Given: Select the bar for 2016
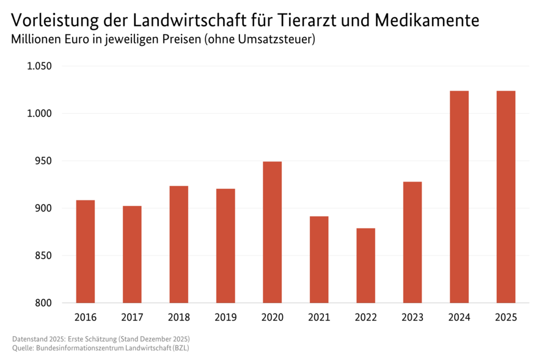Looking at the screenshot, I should click(85, 251).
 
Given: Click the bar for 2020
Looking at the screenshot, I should click(272, 232).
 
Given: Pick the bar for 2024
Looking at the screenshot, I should click(459, 197).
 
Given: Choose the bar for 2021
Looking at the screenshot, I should click(319, 259).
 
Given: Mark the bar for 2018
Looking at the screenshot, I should click(178, 244).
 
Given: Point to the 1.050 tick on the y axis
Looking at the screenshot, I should click(40, 66).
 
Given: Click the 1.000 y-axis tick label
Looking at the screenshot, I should click(40, 114).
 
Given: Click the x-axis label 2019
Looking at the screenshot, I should click(226, 318).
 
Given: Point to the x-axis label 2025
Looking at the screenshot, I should click(506, 318).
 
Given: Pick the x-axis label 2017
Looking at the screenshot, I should click(132, 318).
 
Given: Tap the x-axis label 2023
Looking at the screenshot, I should click(413, 318).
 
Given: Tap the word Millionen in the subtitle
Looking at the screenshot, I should click(38, 40).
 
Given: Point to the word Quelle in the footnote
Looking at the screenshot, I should click(23, 348).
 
